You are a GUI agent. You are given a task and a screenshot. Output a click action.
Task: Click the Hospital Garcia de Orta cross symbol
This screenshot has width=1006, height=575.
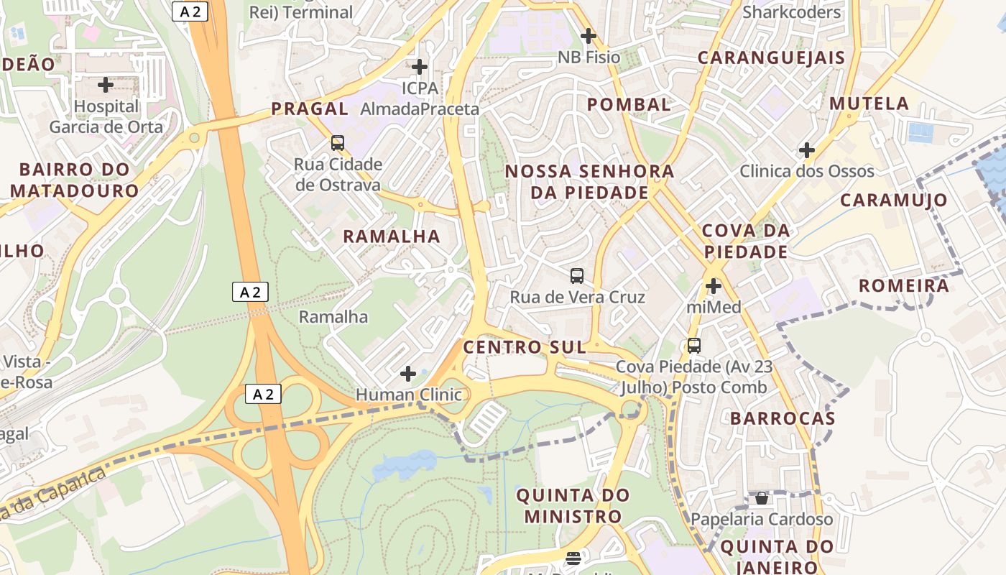click(106, 85)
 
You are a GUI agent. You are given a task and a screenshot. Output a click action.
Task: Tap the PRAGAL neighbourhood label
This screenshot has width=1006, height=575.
click(310, 109)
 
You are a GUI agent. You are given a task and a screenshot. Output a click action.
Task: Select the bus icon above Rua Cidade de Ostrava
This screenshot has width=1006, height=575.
click(338, 142)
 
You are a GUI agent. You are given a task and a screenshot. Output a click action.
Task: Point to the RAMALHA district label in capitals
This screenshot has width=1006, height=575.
click(392, 236)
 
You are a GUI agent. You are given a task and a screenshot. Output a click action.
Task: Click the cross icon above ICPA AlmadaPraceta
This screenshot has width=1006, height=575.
click(420, 67)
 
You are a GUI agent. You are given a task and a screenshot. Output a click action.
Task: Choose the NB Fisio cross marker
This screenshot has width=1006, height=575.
click(589, 35)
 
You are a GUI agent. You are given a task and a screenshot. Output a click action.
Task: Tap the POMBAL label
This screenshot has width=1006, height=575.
click(629, 104)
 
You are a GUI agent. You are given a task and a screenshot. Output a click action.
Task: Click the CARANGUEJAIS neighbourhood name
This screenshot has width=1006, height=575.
click(771, 57)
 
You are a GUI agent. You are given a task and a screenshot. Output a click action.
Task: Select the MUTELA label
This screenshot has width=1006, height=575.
click(869, 103)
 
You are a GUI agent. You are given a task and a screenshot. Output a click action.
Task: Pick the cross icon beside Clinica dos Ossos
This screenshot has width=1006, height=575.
click(807, 150)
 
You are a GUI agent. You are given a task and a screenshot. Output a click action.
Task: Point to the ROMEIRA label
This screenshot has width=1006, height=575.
click(904, 285)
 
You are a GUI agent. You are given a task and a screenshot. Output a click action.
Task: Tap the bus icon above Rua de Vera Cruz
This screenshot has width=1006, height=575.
click(577, 275)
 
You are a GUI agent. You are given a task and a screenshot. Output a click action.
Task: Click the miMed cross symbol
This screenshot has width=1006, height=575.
click(714, 286)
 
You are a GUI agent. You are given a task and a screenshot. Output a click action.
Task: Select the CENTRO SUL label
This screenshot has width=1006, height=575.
click(525, 347)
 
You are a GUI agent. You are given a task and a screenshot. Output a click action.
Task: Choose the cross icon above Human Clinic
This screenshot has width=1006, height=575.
click(408, 374)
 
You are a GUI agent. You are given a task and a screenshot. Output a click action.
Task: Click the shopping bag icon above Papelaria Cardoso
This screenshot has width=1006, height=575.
click(762, 498)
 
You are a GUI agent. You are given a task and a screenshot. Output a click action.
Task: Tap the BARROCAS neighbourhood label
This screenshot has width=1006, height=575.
click(783, 418)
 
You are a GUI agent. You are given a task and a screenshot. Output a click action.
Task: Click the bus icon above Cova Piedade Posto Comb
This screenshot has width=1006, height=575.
click(694, 345)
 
